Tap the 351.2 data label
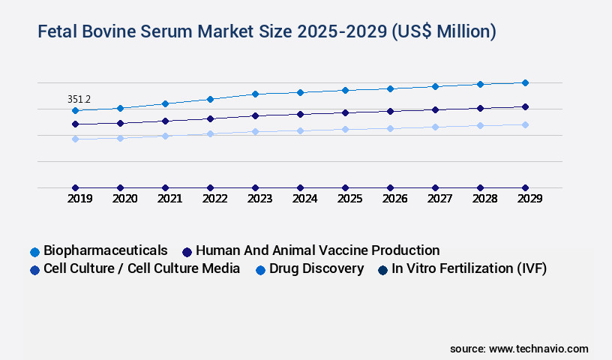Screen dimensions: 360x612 [79, 99]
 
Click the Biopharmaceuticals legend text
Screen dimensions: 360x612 [105, 250]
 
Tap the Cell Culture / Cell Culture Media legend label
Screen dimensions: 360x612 [142, 268]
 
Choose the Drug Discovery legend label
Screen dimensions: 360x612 [316, 268]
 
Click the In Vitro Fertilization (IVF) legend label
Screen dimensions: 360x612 [469, 268]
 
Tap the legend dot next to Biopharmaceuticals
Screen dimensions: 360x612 [34, 251]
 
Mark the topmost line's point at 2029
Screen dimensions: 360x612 [525, 82]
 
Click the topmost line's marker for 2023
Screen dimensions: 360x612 [255, 94]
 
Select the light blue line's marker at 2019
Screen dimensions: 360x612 [75, 139]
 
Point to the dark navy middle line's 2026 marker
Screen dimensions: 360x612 [390, 111]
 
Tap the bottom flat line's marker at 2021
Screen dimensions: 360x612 [165, 187]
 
